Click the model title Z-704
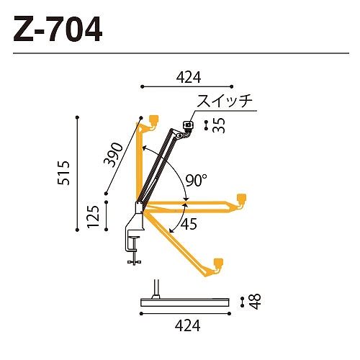pyautogui.click(x=58, y=29)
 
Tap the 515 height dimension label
pyautogui.click(x=64, y=173)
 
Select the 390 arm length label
pyautogui.click(x=113, y=155)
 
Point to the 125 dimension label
pyautogui.click(x=93, y=217)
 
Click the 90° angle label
pyautogui.click(x=196, y=180)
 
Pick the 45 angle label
pyautogui.click(x=189, y=224)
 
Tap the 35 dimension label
pyautogui.click(x=219, y=125)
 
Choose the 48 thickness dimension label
pyautogui.click(x=254, y=302)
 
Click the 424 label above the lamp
pyautogui.click(x=189, y=77)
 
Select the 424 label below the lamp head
pyautogui.click(x=187, y=325)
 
